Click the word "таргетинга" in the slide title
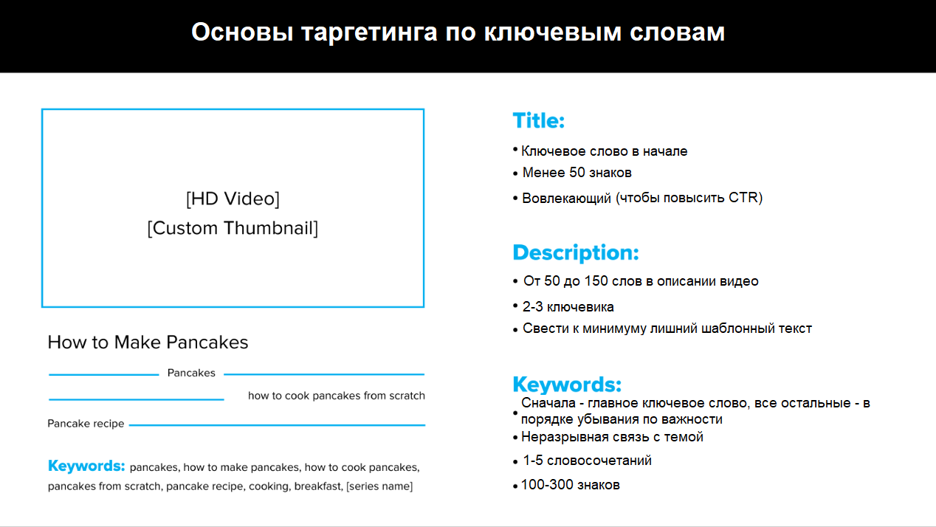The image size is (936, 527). (369, 33)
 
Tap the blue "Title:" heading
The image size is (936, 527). (539, 121)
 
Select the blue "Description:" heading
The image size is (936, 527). (576, 253)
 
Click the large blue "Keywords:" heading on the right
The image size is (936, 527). (567, 384)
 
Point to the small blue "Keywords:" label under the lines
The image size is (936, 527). (86, 466)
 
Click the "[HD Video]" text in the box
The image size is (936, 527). (233, 199)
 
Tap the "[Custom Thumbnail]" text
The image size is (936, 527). (233, 228)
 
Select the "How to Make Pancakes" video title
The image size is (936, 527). (148, 342)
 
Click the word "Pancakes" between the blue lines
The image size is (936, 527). (191, 373)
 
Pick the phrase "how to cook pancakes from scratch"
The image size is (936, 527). (337, 396)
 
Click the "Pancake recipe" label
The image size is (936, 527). (86, 424)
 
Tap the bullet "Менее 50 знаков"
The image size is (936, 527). (577, 173)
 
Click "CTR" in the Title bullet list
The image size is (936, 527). (743, 197)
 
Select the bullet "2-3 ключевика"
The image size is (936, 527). (568, 307)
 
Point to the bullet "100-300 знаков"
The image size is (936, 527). (571, 485)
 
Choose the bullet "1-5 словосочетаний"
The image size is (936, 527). (587, 461)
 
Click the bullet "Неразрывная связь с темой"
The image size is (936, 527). (612, 437)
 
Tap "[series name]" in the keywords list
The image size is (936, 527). (379, 486)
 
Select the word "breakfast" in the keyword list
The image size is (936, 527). (318, 486)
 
